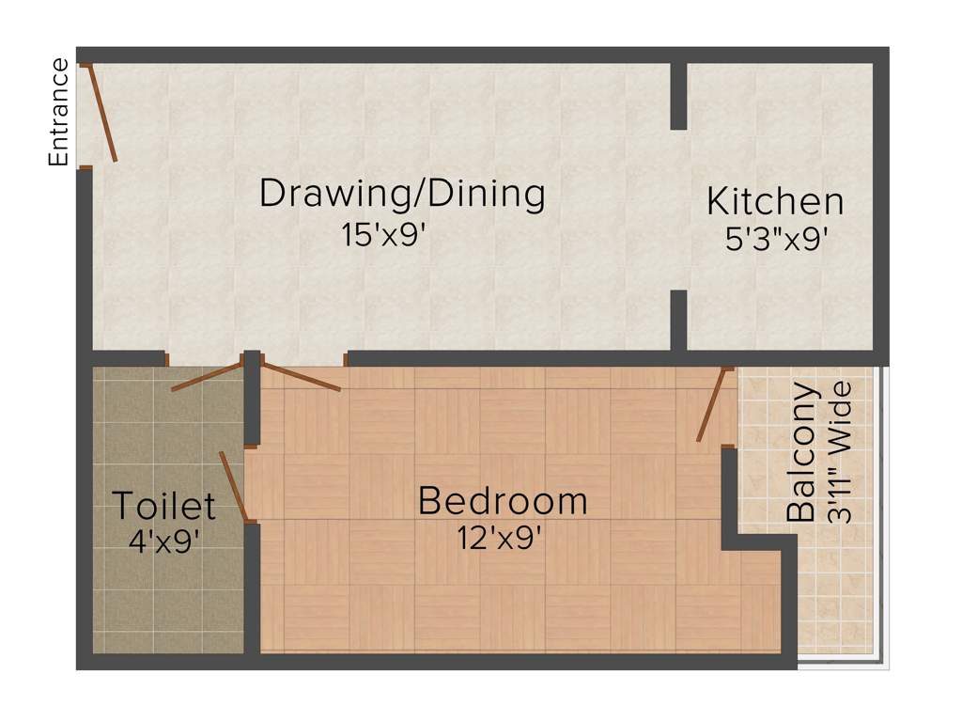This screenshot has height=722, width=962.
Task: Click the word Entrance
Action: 59,112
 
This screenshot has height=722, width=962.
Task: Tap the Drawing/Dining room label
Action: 402,194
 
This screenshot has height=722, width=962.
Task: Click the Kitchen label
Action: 775,201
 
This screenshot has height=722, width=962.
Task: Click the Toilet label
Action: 164,506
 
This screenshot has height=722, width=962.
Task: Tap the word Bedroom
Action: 503,500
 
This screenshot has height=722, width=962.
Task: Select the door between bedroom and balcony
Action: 712,404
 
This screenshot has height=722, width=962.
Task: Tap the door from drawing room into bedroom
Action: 301,376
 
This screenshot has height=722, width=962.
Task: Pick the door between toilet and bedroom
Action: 233,486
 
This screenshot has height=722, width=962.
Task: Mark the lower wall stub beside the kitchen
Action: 678,321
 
